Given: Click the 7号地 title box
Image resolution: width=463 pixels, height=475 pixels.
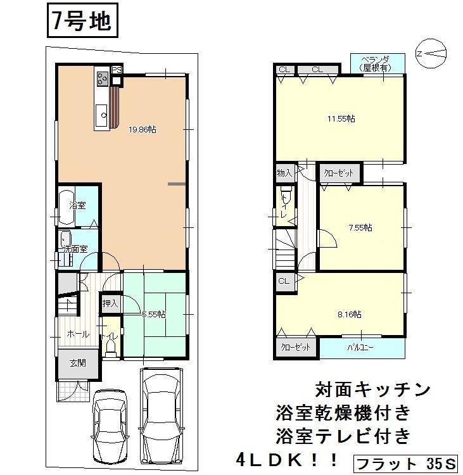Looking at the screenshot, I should (x=80, y=22).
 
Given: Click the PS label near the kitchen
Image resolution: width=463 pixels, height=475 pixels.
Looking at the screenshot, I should (x=117, y=70).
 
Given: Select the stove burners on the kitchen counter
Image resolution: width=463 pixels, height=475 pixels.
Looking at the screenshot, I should (x=102, y=79).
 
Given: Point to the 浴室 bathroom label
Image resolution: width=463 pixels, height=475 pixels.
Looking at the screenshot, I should (x=77, y=206).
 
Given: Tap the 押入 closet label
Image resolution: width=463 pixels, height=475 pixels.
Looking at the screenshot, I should (x=110, y=304).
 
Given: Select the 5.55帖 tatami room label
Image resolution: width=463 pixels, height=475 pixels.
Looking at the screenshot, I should (x=154, y=313).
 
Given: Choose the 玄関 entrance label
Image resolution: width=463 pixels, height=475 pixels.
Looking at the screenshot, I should (x=78, y=363).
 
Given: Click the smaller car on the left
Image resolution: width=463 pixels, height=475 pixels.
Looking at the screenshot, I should (x=111, y=421).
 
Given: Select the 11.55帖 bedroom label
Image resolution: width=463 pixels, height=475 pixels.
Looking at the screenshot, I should (x=341, y=118).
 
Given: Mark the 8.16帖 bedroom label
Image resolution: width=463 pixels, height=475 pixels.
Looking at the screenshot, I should (x=349, y=313).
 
